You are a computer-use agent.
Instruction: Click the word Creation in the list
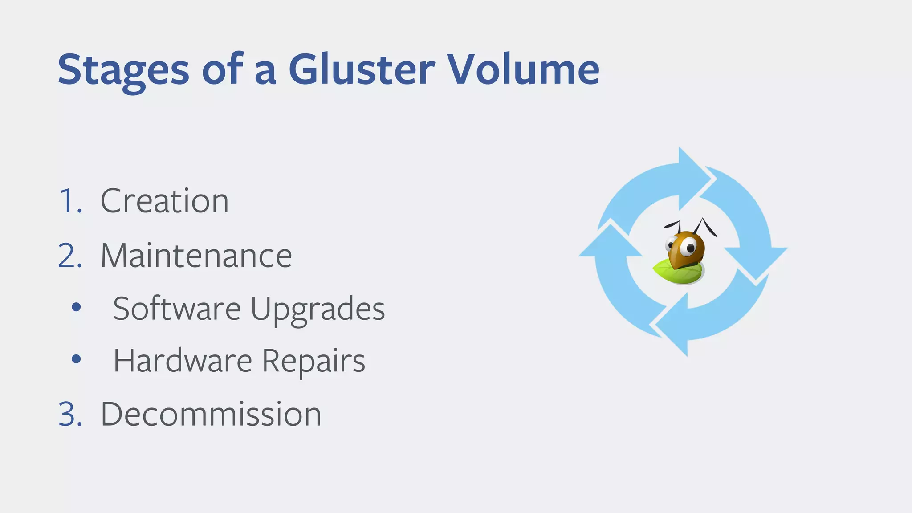point(164,201)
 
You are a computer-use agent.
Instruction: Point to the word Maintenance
point(196,256)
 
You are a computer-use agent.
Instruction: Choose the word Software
point(177,308)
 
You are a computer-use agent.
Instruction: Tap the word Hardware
point(183,360)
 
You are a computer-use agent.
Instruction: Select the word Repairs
point(313,361)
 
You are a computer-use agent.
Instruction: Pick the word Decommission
point(211,414)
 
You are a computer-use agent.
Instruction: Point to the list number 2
point(70,256)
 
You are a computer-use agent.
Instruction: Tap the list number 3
point(70,414)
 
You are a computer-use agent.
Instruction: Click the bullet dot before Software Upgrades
point(76,307)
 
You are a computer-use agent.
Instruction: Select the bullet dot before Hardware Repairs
point(76,358)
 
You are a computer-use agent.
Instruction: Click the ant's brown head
point(686,249)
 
